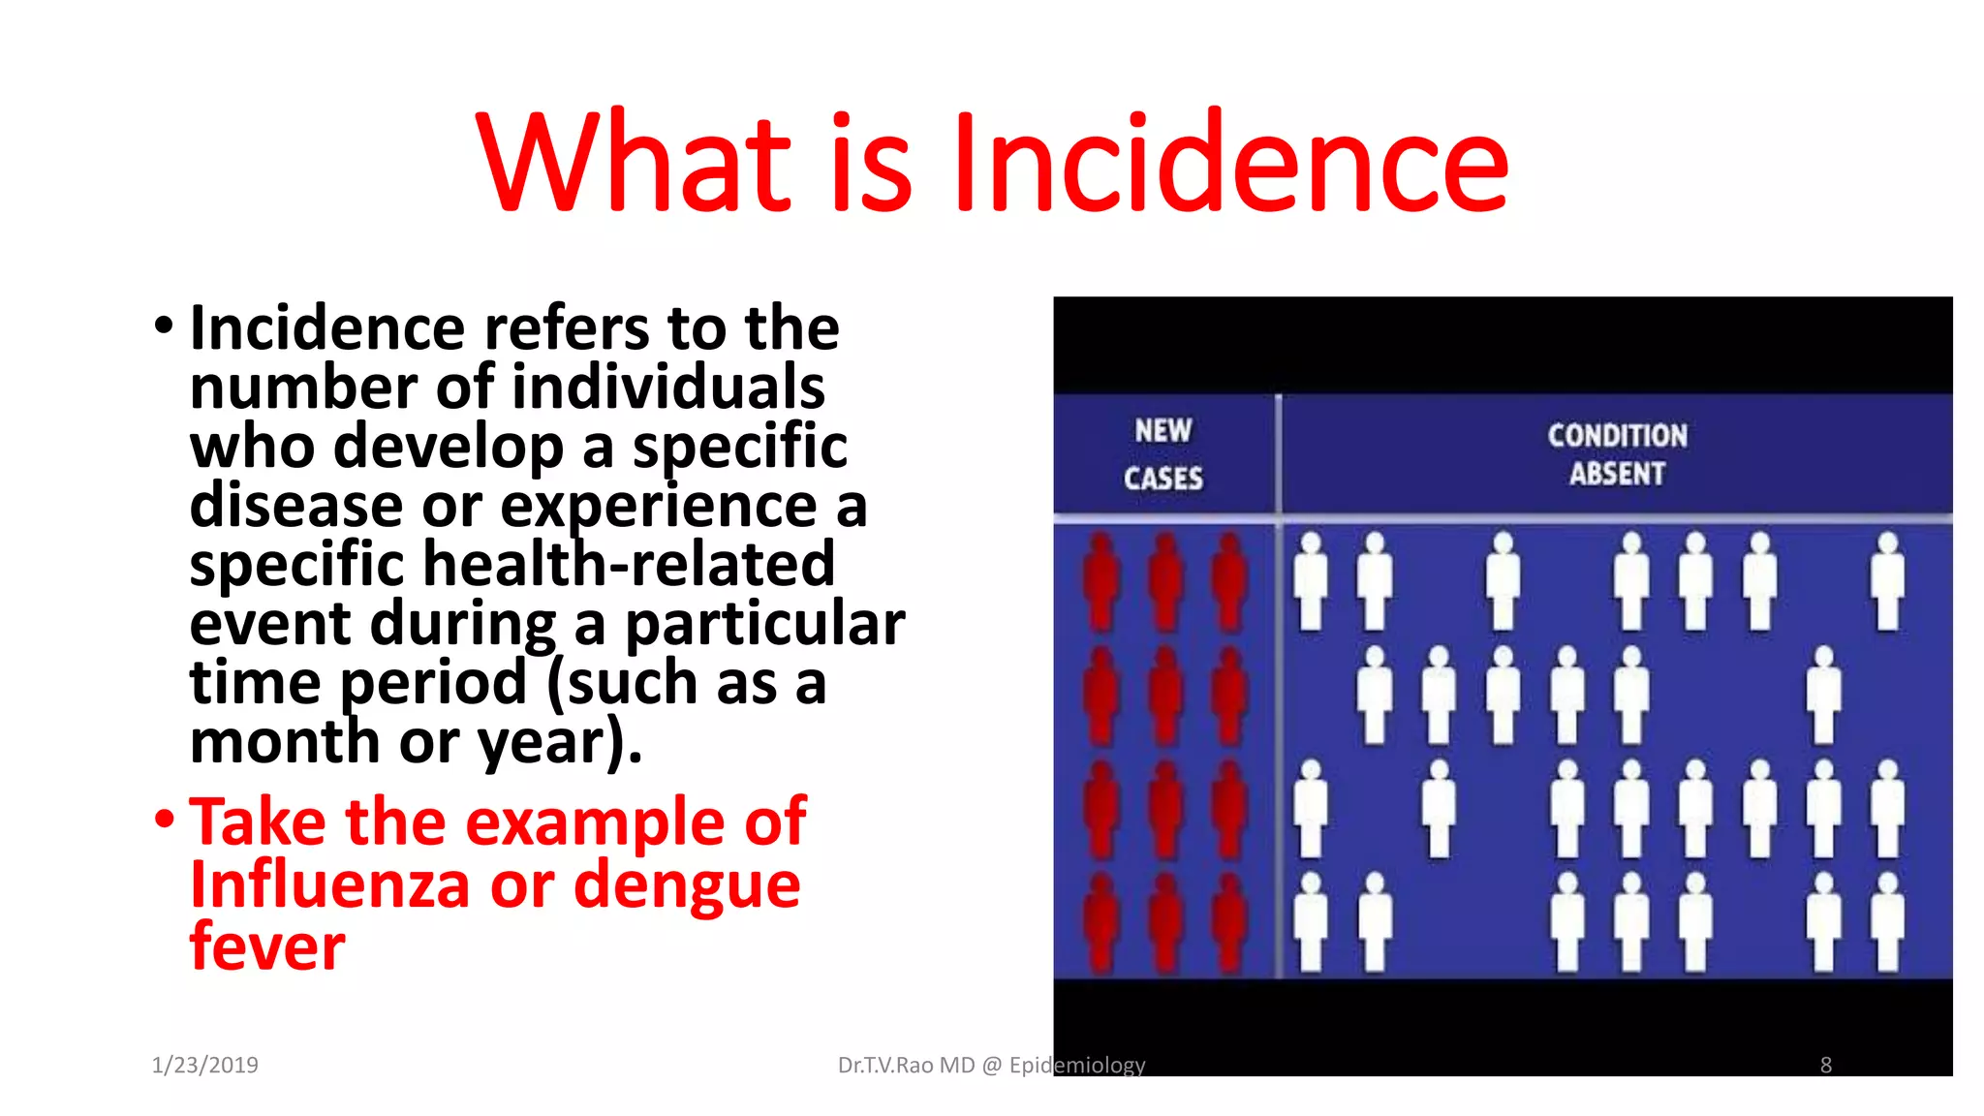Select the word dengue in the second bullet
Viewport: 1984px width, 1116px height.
[687, 887]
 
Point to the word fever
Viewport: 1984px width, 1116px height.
[267, 946]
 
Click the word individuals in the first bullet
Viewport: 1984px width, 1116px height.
[668, 387]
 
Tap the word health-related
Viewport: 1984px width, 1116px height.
[629, 564]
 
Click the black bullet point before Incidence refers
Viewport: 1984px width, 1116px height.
[164, 326]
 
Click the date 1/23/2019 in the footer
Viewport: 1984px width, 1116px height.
[204, 1065]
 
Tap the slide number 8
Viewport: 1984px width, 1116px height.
[1825, 1065]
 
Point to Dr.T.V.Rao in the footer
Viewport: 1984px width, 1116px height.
[885, 1065]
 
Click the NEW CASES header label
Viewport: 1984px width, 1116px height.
[1162, 453]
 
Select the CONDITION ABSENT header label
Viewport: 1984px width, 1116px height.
[1616, 453]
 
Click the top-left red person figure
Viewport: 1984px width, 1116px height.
[1100, 581]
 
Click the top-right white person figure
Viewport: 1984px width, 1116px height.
[1887, 581]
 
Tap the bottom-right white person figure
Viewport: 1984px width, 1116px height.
[1887, 922]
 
